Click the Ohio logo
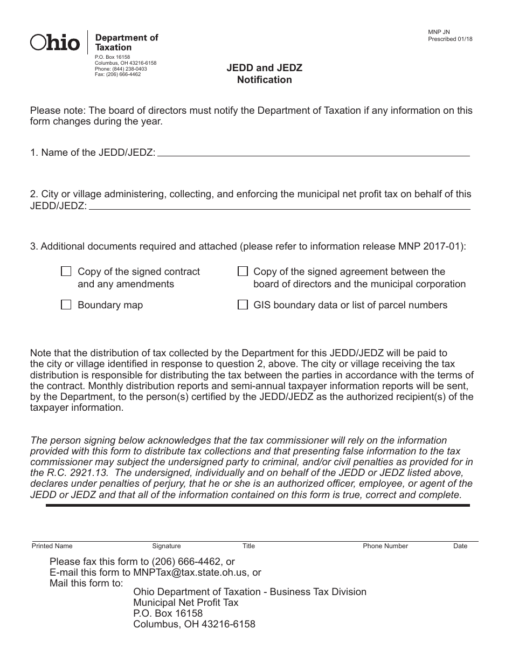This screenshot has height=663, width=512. (x=55, y=42)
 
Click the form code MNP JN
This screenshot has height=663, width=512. (x=439, y=32)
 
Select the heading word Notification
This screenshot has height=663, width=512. (x=264, y=80)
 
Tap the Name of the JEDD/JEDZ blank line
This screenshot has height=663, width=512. (x=313, y=153)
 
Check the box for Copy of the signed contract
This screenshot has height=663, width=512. (x=66, y=271)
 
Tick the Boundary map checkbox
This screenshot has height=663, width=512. (x=66, y=305)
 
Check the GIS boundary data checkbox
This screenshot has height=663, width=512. (x=243, y=305)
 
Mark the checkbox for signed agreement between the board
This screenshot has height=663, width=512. (x=243, y=271)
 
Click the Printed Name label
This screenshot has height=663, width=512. (x=52, y=546)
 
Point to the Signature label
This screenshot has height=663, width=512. (x=167, y=546)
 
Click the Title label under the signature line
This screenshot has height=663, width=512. (x=248, y=546)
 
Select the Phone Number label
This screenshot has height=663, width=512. (x=385, y=546)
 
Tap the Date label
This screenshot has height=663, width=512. (x=460, y=546)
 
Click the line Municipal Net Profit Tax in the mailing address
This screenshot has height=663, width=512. (x=185, y=603)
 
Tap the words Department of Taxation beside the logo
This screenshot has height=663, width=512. (x=127, y=42)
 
